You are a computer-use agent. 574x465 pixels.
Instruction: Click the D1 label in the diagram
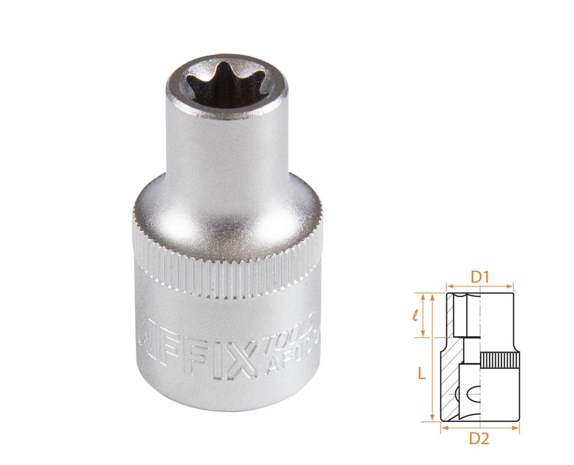479,278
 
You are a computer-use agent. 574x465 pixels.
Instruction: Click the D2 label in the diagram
479,439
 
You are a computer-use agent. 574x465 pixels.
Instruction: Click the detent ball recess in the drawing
471,394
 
